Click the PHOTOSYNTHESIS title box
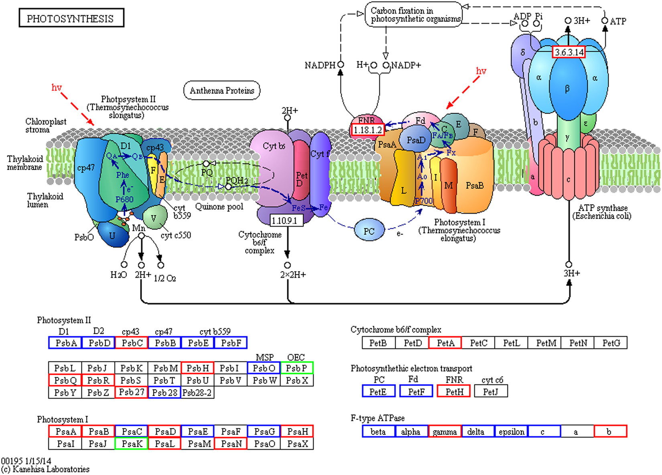pos(71,18)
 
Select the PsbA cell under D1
pos(65,343)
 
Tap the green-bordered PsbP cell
pos(296,368)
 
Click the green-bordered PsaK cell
pos(132,443)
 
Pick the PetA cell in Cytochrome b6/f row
pos(445,343)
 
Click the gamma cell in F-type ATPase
pos(444,431)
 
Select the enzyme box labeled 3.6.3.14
pos(569,52)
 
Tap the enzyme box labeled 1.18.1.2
pos(368,130)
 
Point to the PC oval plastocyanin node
pos(369,231)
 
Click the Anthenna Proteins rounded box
pos(222,91)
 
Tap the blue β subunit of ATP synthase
pos(567,88)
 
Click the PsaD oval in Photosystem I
pos(416,139)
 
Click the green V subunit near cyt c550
pos(154,218)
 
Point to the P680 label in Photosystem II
pos(124,199)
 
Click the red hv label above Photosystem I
pos(481,71)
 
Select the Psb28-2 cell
pos(197,393)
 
